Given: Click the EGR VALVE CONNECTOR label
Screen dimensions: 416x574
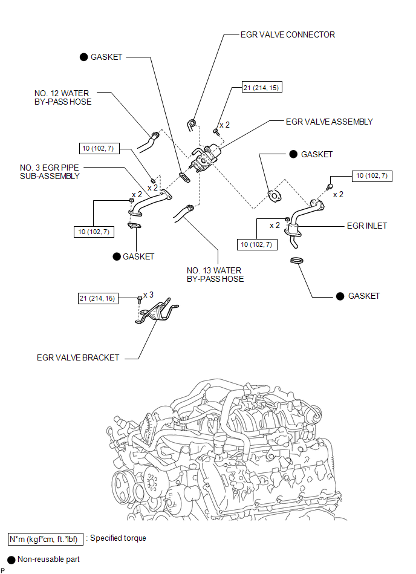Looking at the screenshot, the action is pyautogui.click(x=288, y=34).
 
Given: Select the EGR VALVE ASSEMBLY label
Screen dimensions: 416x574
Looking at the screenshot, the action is pyautogui.click(x=330, y=122).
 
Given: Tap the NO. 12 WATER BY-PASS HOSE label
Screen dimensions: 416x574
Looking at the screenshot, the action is pyautogui.click(x=62, y=98).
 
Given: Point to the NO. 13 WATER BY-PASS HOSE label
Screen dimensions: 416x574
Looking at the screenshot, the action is pyautogui.click(x=215, y=275).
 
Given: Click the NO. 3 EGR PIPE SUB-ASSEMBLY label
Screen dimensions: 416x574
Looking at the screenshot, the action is pyautogui.click(x=50, y=172).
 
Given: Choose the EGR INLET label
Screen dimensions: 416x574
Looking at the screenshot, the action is pyautogui.click(x=367, y=226).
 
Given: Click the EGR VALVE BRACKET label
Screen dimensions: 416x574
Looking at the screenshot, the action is pyautogui.click(x=78, y=357).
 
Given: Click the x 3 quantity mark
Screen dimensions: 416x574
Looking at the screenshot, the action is pyautogui.click(x=149, y=295).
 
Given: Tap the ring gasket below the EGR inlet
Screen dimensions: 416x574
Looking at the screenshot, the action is pyautogui.click(x=297, y=260).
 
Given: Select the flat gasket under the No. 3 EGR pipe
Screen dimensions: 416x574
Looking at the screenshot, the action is pyautogui.click(x=135, y=226).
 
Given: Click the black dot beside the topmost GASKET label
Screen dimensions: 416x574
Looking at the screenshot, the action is pyautogui.click(x=84, y=57).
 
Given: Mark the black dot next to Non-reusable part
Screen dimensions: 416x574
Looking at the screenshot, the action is pyautogui.click(x=11, y=559).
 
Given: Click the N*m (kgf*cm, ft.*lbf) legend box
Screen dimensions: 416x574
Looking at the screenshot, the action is pyautogui.click(x=46, y=540).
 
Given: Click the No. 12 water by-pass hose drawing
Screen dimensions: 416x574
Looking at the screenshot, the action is pyautogui.click(x=148, y=142).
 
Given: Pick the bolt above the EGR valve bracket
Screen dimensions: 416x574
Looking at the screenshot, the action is pyautogui.click(x=140, y=299).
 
